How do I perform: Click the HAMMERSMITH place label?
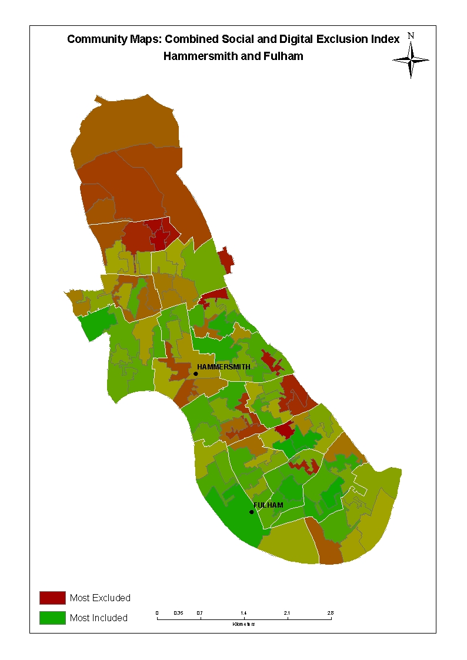click(x=224, y=367)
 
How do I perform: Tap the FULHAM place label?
click(x=268, y=505)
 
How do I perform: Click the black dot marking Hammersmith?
click(x=196, y=374)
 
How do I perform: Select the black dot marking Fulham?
click(x=252, y=512)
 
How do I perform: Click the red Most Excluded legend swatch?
click(x=52, y=598)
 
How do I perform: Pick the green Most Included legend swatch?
click(x=52, y=618)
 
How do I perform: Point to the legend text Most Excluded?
click(x=100, y=598)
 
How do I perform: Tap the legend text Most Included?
click(x=98, y=618)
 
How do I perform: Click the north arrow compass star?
click(x=411, y=59)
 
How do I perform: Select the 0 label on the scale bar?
click(x=157, y=614)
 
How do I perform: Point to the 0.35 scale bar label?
click(x=178, y=614)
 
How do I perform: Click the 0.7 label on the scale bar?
click(x=201, y=614)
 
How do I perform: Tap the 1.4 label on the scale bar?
click(x=244, y=614)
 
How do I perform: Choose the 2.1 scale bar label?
click(x=287, y=614)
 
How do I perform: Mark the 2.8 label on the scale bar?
click(x=331, y=614)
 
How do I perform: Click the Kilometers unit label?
click(x=243, y=624)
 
